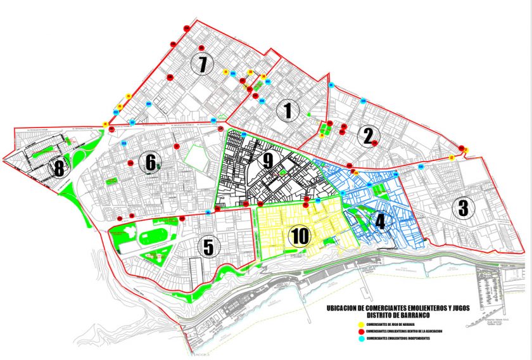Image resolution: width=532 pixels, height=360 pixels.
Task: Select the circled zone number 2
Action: pos(367,136)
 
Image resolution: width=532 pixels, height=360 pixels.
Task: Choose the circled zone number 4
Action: pos(380,221)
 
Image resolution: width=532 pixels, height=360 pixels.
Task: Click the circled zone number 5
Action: pos(207,247)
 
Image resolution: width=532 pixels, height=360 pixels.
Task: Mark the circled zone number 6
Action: pos(151,163)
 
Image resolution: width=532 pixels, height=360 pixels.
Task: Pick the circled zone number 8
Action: pos(59,169)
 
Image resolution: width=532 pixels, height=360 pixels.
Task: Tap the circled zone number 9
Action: pos(268,161)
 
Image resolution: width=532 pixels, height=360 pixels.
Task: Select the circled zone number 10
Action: pos(299,236)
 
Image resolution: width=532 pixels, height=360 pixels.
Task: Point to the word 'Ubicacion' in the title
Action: pos(343,308)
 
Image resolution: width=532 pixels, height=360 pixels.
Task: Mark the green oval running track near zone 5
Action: pos(150,238)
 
